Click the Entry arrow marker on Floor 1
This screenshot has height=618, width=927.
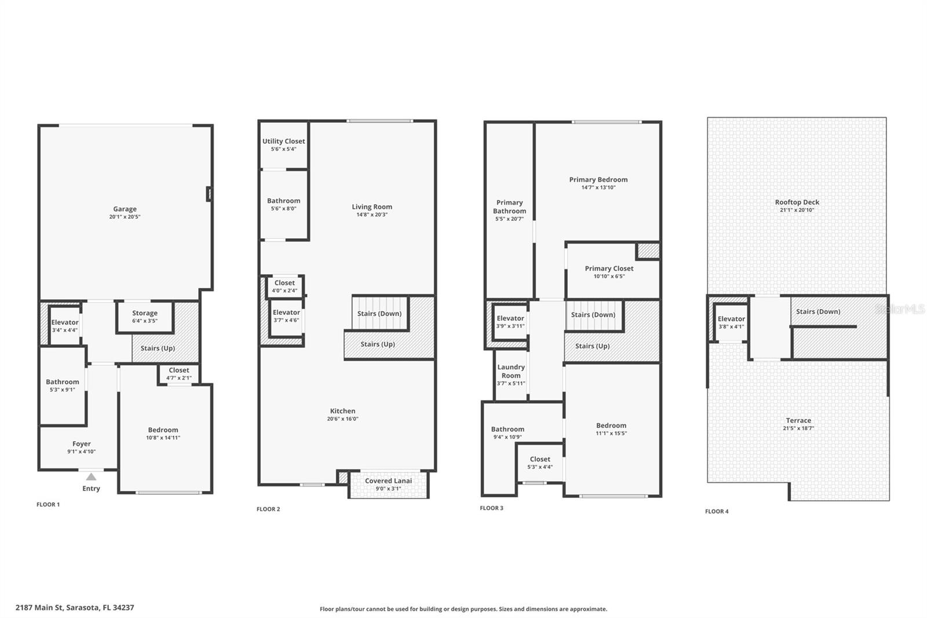coord(91,477)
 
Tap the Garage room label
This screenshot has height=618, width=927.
coord(125,209)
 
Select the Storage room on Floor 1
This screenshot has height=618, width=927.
coord(144,317)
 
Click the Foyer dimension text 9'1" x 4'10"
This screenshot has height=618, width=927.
coord(81,452)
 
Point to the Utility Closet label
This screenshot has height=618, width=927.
coord(283,141)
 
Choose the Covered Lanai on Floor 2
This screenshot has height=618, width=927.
coord(388,484)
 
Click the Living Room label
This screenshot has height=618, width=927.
coord(372,206)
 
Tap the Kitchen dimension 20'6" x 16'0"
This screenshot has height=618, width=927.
coord(342,419)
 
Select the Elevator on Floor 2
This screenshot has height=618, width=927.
coord(286,316)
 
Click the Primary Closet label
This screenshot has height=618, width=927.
coord(609,268)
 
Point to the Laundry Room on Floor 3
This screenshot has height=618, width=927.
coord(511,371)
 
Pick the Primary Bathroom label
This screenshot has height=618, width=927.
coord(509,206)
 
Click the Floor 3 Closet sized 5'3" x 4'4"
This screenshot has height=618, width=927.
coord(539,463)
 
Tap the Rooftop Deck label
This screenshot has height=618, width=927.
coord(797,202)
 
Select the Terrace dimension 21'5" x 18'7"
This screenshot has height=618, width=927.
coord(798,428)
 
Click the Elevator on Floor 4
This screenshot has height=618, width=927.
coord(731,322)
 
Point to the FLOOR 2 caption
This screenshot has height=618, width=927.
coord(268,509)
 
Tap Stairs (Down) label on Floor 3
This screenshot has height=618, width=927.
coord(593,315)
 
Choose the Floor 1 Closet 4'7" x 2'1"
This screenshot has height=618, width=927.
coord(178,373)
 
